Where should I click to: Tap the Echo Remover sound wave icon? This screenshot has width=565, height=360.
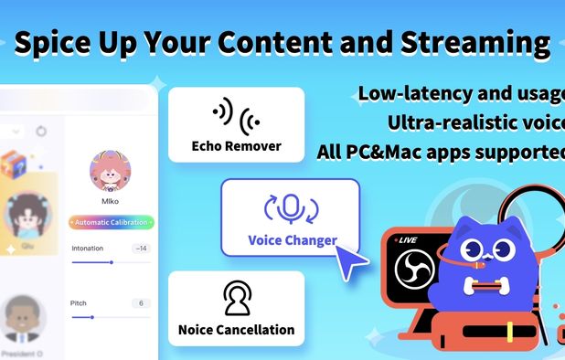coord(236,115)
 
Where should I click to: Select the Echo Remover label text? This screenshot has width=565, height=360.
coord(236,146)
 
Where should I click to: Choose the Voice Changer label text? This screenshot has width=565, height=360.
coord(292,241)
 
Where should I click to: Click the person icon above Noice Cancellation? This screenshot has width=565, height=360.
coord(236,298)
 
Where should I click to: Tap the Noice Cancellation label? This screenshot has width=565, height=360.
coord(236,329)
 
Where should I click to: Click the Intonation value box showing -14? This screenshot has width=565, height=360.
coord(141,248)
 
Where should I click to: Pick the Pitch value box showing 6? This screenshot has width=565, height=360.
coord(141,302)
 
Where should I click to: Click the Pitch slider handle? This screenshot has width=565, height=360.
coord(91,317)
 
